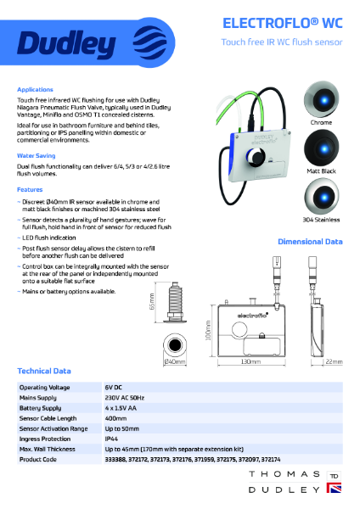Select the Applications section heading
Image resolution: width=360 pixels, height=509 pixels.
(x=35, y=89)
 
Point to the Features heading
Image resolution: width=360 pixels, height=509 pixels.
(x=30, y=189)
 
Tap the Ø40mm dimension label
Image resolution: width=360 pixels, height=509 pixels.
(x=175, y=362)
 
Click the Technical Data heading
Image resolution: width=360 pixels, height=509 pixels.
(x=44, y=372)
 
